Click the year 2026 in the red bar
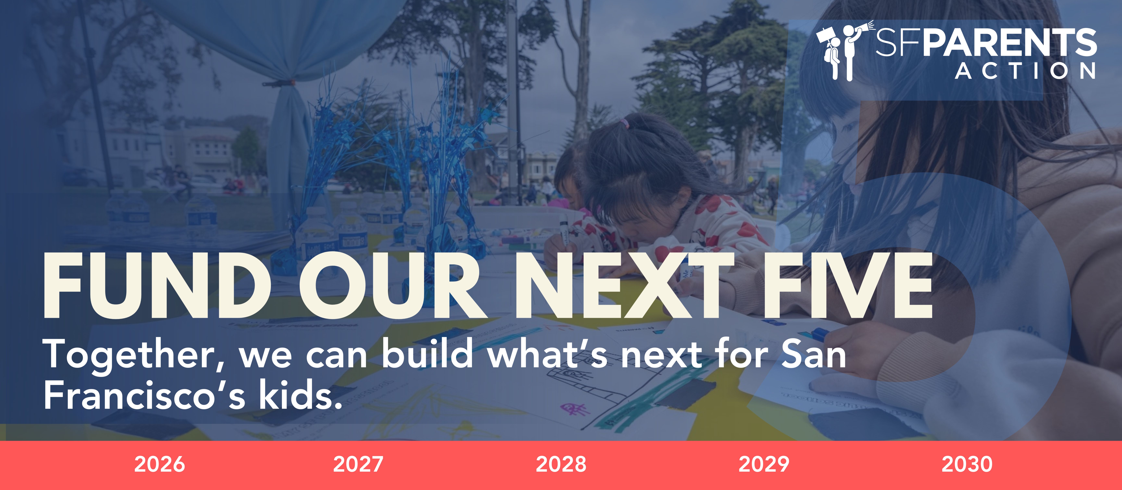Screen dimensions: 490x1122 159,464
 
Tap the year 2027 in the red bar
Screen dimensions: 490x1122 358,464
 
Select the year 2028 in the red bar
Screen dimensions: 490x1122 561,464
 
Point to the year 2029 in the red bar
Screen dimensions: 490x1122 764,464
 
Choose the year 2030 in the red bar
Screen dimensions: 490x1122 967,464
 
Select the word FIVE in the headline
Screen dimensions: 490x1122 847,286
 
